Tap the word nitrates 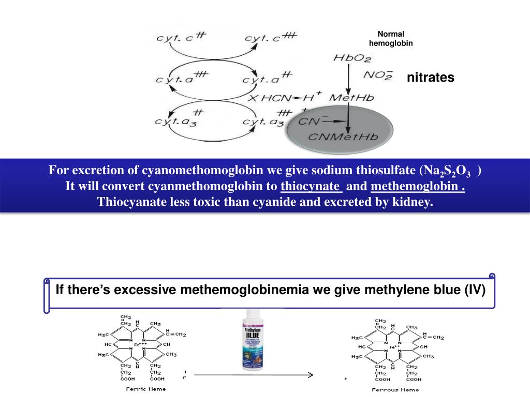(430, 78)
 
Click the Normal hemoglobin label (391, 38)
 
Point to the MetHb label (352, 97)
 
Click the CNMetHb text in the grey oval (344, 137)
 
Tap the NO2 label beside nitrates (377, 75)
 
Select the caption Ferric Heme (146, 389)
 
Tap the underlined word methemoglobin (417, 186)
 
